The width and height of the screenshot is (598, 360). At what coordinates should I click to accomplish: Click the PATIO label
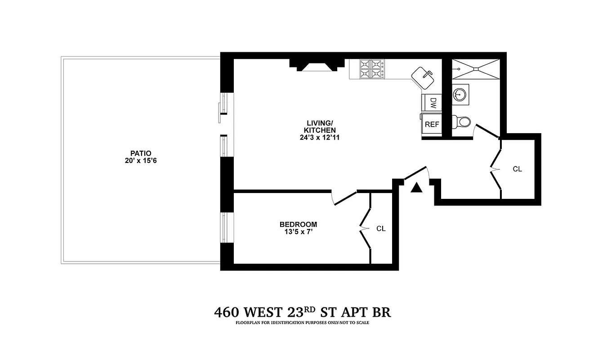138,153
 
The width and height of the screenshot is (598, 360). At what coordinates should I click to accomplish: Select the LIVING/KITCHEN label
321,126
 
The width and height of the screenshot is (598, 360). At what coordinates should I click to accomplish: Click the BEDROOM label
298,225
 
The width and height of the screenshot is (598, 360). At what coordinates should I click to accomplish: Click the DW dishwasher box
432,102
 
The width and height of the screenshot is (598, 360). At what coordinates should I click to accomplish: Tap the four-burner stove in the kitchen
372,70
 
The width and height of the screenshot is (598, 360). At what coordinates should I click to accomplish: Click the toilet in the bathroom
461,121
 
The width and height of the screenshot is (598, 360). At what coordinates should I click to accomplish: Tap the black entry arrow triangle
417,188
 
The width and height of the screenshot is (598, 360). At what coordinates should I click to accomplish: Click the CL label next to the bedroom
381,229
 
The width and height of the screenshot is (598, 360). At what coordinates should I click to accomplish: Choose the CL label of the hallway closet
517,169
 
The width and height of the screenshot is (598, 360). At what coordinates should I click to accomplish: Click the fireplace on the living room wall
314,66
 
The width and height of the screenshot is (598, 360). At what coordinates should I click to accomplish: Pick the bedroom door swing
344,198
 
